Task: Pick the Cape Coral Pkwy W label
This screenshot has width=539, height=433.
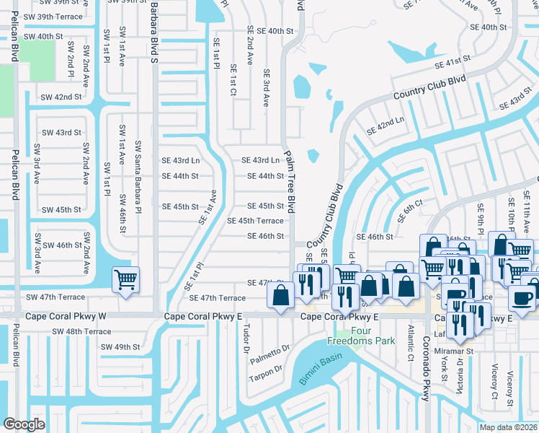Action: coord(66,316)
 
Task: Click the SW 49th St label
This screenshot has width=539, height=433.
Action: coord(120,347)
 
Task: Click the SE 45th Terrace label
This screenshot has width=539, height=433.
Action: coord(255,221)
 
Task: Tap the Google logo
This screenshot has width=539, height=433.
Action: coord(24,424)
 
